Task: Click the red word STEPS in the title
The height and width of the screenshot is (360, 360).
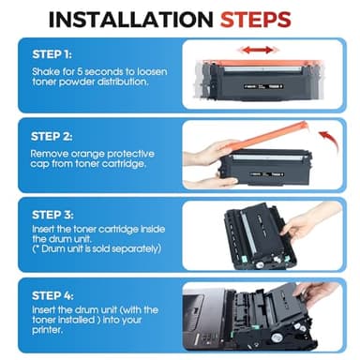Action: (271, 19)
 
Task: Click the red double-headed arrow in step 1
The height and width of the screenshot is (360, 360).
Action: (256, 50)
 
